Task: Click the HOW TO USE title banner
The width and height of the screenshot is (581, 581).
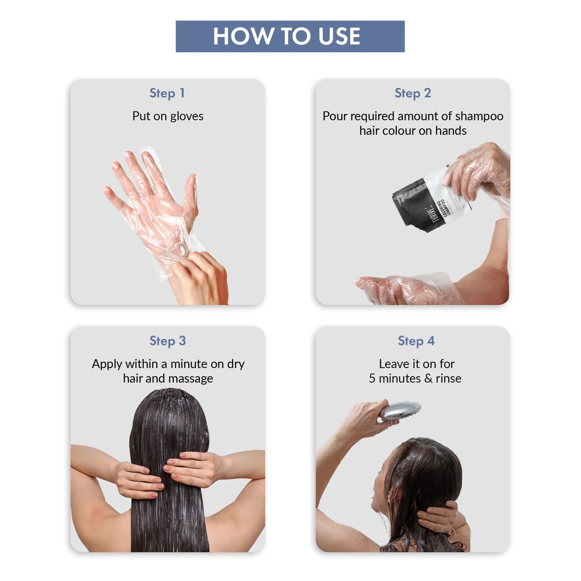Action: tap(290, 36)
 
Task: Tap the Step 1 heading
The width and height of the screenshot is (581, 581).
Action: tap(167, 93)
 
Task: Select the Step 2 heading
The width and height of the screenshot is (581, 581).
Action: tap(413, 93)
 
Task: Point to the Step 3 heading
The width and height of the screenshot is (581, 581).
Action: tap(167, 341)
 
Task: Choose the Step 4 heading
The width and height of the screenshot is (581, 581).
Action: tap(416, 341)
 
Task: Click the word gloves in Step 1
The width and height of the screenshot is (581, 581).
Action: tap(187, 116)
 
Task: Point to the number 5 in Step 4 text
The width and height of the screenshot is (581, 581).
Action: tap(372, 378)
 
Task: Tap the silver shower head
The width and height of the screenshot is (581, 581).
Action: tap(400, 411)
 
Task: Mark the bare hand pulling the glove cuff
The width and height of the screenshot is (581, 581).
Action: tap(203, 277)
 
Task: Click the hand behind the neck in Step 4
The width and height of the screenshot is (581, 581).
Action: tap(438, 517)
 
